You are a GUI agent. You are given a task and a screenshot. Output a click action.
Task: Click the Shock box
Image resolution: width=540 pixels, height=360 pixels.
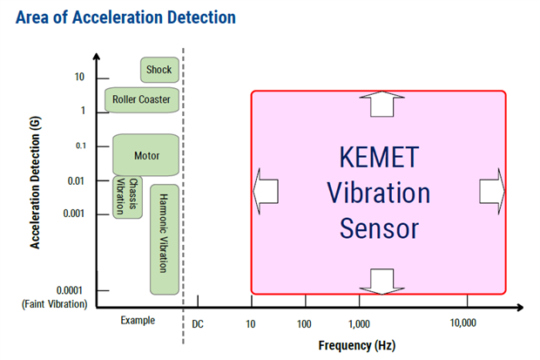[159, 70]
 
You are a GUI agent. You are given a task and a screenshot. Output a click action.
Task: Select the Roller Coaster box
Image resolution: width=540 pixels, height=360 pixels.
[141, 99]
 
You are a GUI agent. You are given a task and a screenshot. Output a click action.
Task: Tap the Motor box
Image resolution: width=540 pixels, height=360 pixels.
[146, 155]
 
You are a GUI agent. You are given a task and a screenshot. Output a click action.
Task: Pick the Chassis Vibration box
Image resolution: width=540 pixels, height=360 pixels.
[127, 197]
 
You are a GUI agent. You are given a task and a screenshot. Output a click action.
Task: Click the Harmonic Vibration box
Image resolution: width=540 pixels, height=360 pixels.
[164, 239]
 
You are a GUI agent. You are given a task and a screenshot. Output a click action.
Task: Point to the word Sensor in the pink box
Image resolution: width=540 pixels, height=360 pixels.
[379, 228]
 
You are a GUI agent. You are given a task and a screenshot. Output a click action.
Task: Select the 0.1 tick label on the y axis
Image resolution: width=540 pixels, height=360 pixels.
[79, 146]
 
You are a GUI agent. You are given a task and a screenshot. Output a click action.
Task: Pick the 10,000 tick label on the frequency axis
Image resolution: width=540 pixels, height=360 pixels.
[462, 323]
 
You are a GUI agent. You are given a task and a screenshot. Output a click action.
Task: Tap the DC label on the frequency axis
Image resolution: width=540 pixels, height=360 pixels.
[198, 323]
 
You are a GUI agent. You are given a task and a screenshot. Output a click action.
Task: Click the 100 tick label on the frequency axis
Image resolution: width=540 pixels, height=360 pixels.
[304, 323]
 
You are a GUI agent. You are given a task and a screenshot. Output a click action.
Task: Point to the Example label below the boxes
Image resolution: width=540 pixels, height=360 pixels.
[138, 320]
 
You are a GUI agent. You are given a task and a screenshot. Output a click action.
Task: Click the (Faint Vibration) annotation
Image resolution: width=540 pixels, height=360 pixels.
[55, 304]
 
